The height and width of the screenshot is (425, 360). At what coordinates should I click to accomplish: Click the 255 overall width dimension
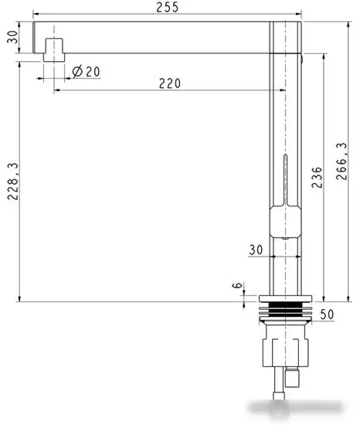click(168, 7)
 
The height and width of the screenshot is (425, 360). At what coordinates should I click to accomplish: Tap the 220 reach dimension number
click(170, 83)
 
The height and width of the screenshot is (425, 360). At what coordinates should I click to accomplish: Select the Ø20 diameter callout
click(87, 72)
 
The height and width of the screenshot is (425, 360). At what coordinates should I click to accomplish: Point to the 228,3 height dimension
click(12, 182)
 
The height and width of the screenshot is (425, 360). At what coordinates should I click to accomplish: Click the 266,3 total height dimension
click(341, 161)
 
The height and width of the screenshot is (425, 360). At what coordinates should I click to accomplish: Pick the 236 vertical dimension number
click(317, 178)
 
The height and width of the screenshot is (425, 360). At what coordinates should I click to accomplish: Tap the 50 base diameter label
click(328, 314)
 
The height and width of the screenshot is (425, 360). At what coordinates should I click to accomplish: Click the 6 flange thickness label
click(237, 285)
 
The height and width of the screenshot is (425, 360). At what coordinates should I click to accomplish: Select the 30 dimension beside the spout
click(12, 37)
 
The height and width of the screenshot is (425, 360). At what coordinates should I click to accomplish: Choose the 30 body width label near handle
click(256, 250)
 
